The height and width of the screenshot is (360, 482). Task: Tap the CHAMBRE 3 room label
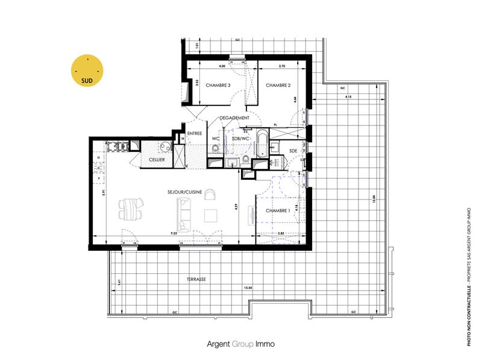[x=218, y=86]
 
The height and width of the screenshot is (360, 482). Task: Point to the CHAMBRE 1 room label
[x=278, y=210]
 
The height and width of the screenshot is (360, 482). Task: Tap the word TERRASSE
[x=196, y=280]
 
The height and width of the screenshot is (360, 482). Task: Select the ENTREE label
[x=195, y=134]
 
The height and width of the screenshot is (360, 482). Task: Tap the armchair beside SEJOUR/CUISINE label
[x=210, y=194]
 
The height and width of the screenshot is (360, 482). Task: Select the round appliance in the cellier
[x=164, y=147]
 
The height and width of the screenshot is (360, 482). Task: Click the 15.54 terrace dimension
[x=248, y=288]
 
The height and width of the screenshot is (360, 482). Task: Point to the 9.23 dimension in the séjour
[x=174, y=233]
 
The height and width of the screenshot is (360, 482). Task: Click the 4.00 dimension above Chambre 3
[x=222, y=66]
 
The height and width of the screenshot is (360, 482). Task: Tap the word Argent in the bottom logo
[x=221, y=344]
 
